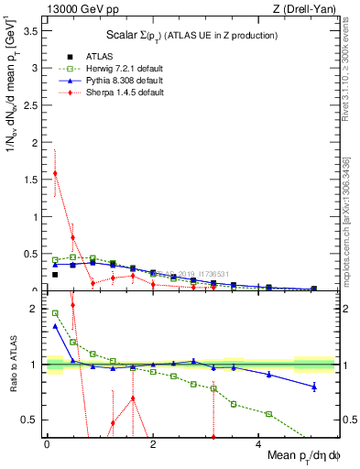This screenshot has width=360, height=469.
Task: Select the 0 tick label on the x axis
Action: (x=47, y=444)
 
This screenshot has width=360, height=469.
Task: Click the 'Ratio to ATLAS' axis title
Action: (x=13, y=365)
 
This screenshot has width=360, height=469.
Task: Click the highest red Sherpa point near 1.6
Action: (x=55, y=172)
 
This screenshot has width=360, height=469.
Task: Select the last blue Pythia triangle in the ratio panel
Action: (x=314, y=387)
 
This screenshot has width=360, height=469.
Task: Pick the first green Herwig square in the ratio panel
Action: (x=55, y=313)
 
